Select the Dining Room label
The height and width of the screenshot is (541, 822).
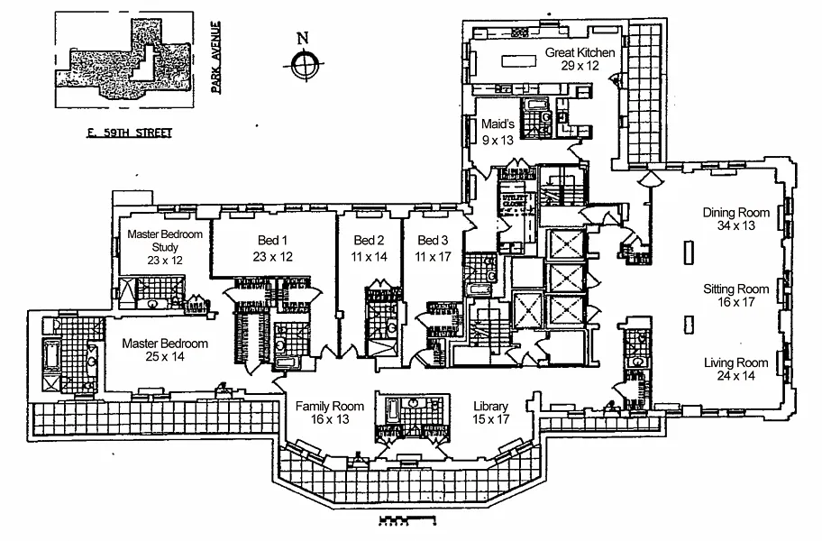point(737,214)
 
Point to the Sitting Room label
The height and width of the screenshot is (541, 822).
point(736,289)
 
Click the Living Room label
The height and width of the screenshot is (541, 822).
point(736,363)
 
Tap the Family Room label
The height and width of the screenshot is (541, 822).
point(330,407)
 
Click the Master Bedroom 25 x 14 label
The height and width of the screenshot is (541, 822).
point(165,344)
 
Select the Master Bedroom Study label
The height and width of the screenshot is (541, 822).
point(164,240)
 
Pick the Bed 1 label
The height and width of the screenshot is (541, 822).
point(272,241)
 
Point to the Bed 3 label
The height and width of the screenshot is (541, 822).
point(432,241)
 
